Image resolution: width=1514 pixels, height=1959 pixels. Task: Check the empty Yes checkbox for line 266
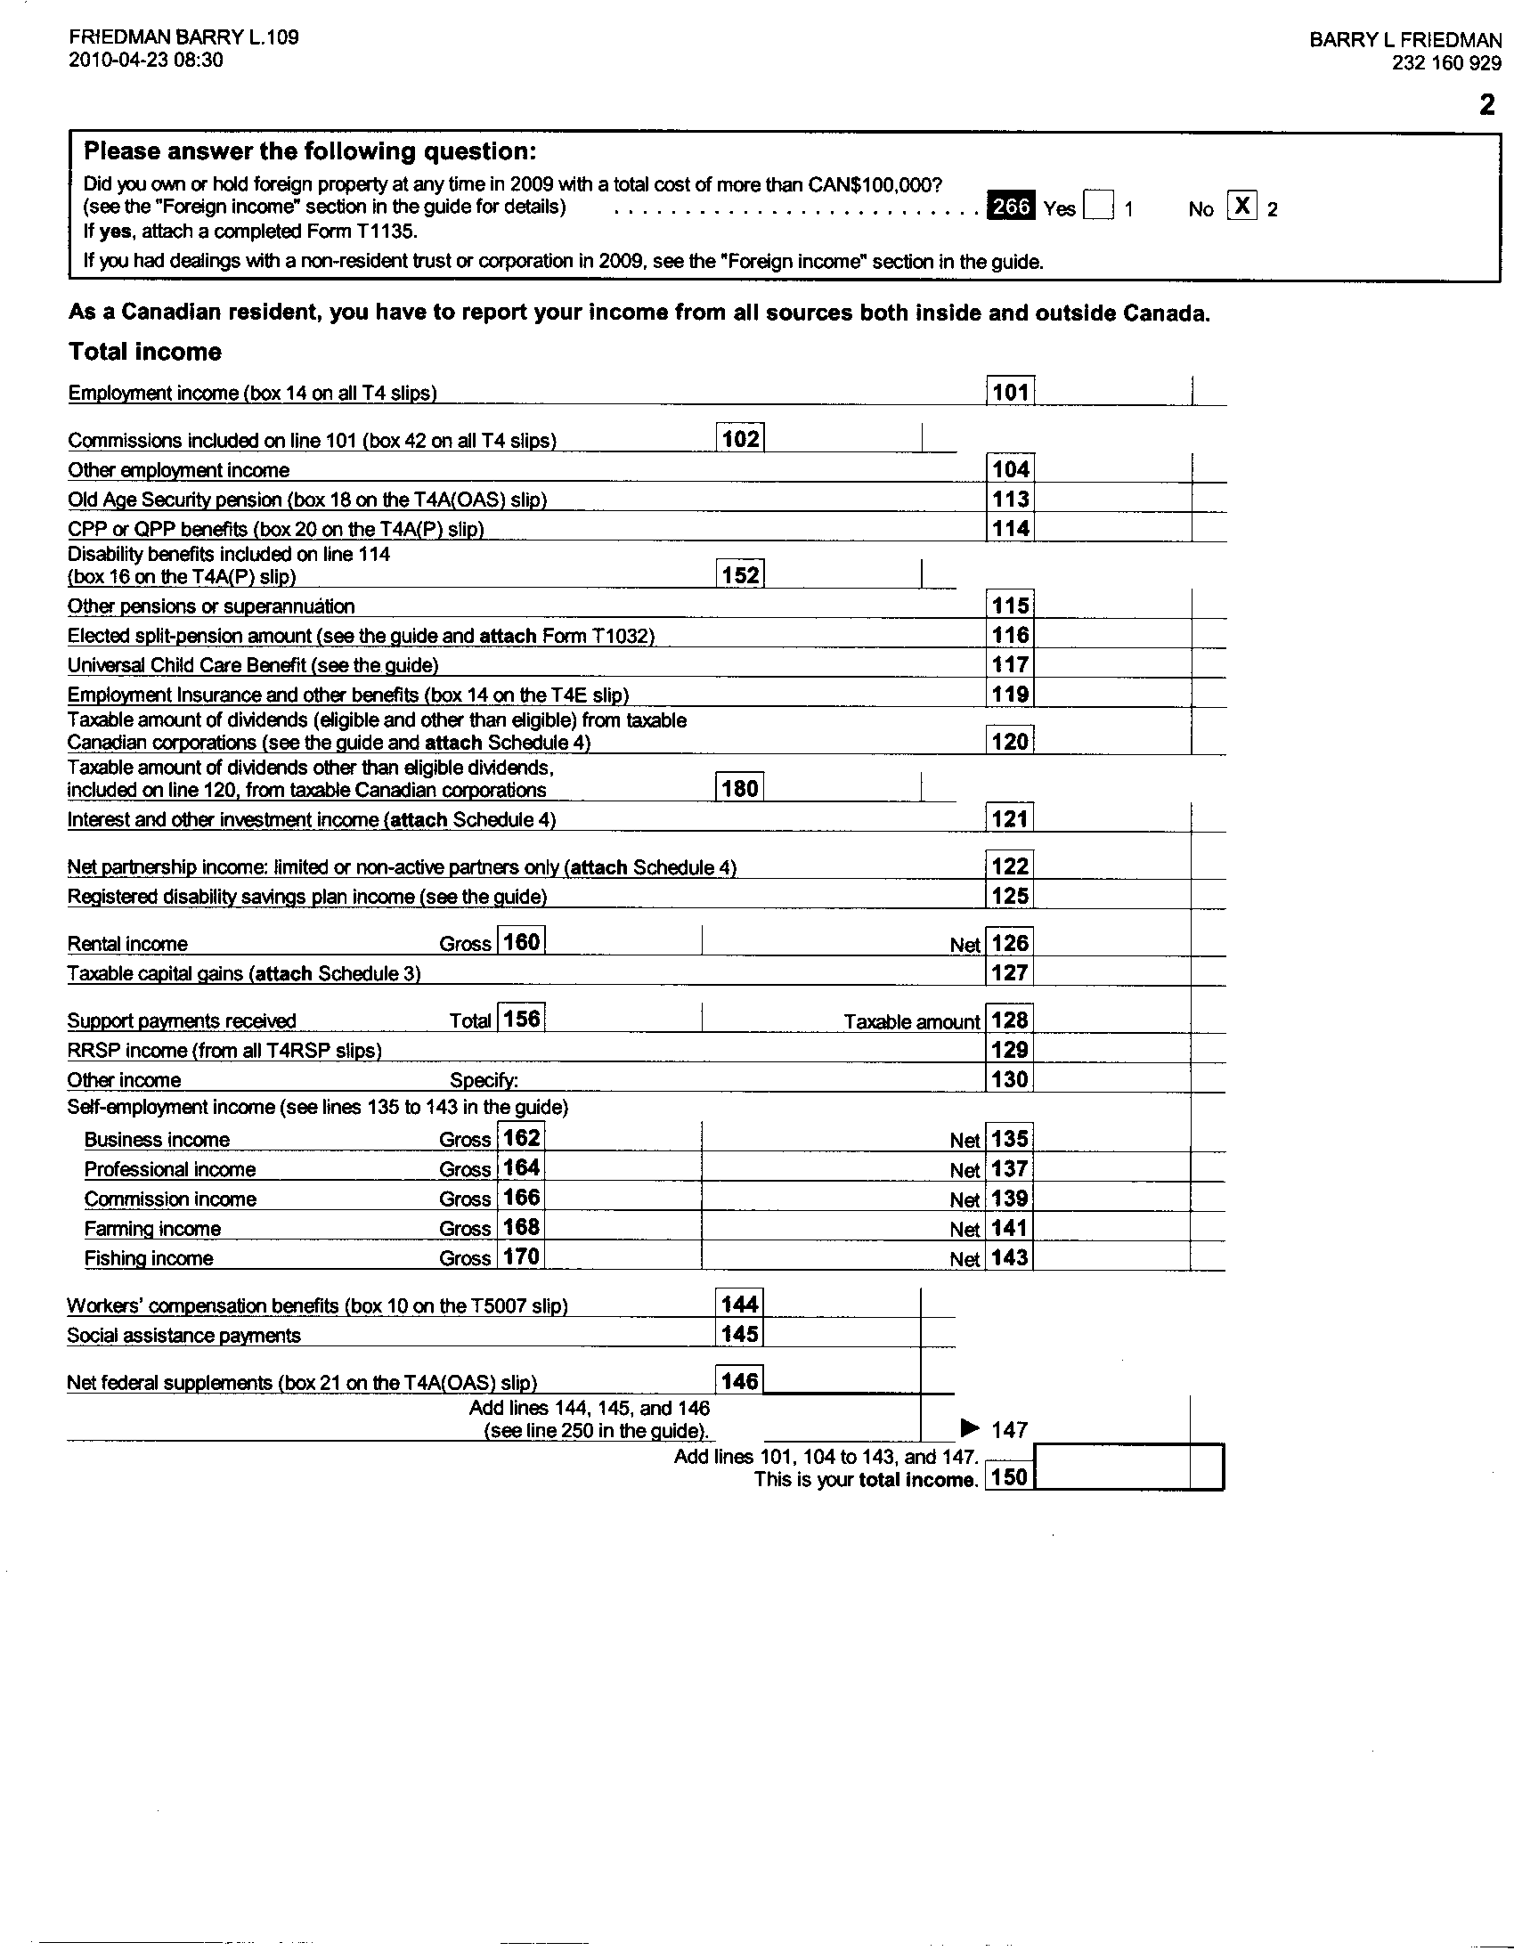click(1098, 207)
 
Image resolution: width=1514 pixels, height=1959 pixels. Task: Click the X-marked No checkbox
click(1241, 206)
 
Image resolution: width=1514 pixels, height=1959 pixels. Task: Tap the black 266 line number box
click(1011, 207)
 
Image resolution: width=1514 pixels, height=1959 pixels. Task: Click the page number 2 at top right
click(1487, 105)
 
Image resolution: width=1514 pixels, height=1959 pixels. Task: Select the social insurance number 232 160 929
click(1446, 63)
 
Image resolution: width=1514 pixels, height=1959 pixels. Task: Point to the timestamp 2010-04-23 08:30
click(146, 60)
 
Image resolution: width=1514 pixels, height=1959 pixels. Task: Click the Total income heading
click(145, 352)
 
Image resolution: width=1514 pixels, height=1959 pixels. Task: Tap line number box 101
click(1010, 392)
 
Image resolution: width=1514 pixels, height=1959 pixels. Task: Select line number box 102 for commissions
click(741, 439)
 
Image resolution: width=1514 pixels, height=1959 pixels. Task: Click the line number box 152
click(741, 575)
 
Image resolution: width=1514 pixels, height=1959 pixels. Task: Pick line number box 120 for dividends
click(1010, 742)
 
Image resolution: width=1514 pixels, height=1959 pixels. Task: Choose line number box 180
click(741, 788)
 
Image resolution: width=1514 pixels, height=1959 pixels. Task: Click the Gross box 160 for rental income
click(521, 942)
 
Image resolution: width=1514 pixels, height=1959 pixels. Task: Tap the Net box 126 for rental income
click(1010, 943)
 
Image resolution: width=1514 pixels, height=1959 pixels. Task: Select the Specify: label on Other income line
click(484, 1080)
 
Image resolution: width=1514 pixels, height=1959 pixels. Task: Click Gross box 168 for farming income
click(521, 1227)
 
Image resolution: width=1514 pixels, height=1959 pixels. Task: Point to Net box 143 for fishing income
click(1010, 1257)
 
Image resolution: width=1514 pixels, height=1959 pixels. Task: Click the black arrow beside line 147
click(971, 1427)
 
